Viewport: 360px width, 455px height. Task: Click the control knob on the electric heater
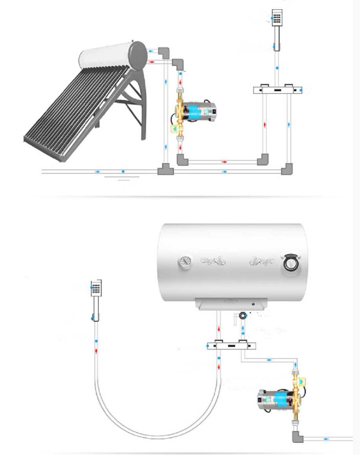pos(291,264)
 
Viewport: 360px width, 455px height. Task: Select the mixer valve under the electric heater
pos(232,346)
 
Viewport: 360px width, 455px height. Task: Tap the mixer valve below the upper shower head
pos(278,90)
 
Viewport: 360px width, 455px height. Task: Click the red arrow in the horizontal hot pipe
pos(224,162)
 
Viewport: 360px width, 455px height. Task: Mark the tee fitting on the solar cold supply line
pos(165,171)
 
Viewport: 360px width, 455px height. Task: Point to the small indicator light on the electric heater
pos(253,304)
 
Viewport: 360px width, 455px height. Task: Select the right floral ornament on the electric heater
pos(262,260)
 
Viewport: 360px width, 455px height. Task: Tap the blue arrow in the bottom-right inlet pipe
pos(325,439)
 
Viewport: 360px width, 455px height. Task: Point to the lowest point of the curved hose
pos(157,438)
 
